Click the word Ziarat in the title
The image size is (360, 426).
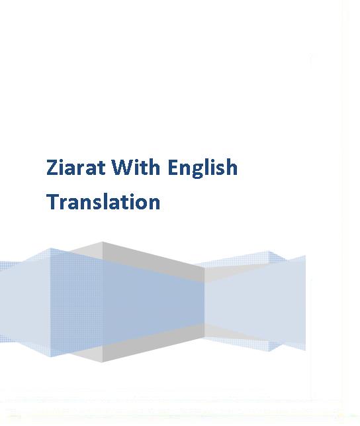pyautogui.click(x=75, y=167)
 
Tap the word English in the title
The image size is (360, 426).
pyautogui.click(x=202, y=168)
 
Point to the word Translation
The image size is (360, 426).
pyautogui.click(x=103, y=201)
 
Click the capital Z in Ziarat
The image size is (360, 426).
pyautogui.click(x=53, y=168)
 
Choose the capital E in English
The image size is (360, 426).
pyautogui.click(x=173, y=168)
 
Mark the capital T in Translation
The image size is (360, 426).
pyautogui.click(x=53, y=201)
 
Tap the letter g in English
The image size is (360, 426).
pyautogui.click(x=197, y=171)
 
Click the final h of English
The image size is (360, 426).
pyautogui.click(x=232, y=167)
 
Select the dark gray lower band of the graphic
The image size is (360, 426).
pyautogui.click(x=154, y=343)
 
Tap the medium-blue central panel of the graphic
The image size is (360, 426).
pyautogui.click(x=154, y=302)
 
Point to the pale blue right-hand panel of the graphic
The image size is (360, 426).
pyautogui.click(x=255, y=302)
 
